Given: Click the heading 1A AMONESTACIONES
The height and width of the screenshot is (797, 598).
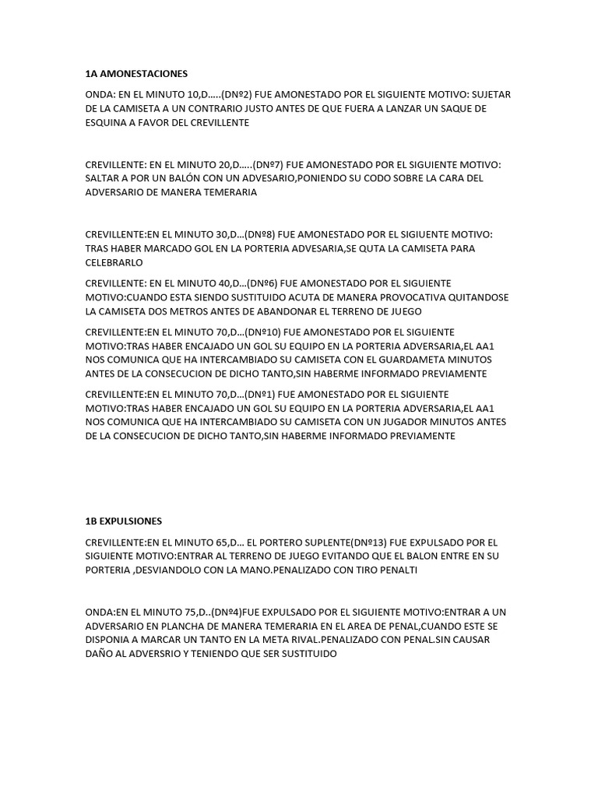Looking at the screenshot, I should click(x=136, y=74).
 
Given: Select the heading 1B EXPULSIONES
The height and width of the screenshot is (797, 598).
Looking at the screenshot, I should click(x=124, y=521).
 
